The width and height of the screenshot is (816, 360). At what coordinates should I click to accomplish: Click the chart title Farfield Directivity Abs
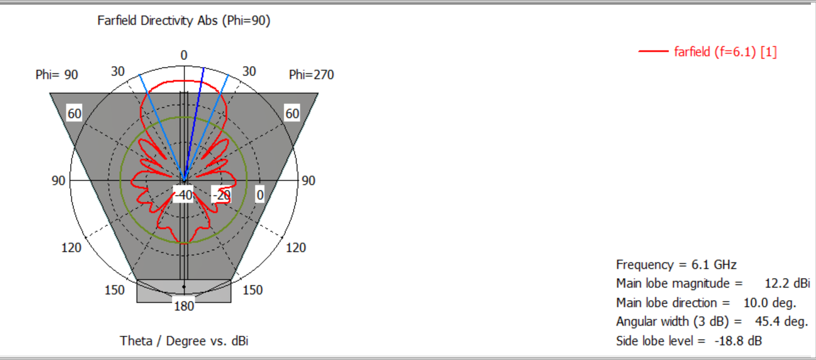point(157,20)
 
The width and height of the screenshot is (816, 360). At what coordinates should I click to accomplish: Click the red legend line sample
point(653,52)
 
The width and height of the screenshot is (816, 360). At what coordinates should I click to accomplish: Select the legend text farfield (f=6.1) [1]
point(726,52)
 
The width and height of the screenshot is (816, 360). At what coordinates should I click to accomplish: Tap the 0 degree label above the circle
point(184,55)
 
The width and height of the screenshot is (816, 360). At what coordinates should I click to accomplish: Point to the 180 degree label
point(184,306)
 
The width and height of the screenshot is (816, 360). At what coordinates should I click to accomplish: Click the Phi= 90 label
point(57,75)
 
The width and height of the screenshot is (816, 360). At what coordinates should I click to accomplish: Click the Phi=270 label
point(311,75)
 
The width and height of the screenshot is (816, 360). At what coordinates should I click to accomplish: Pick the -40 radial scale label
point(184,195)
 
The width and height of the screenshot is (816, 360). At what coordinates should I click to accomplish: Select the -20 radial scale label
point(222,195)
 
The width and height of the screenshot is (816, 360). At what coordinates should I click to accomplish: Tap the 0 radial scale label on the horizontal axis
point(260,195)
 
